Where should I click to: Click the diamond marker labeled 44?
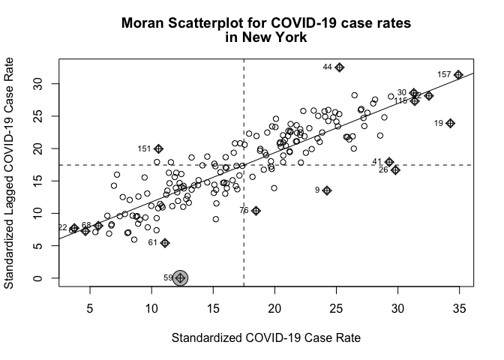[x=340, y=67]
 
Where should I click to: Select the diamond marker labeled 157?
[x=458, y=75]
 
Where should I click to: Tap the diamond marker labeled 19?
[x=450, y=123]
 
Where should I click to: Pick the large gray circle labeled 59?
[x=180, y=278]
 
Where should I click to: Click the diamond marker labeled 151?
[x=158, y=148]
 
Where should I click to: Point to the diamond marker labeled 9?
[x=327, y=190]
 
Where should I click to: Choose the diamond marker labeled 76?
[x=256, y=211]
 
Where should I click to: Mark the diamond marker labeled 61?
[x=165, y=243]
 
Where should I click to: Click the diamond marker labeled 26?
[x=395, y=170]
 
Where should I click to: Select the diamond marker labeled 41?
[x=389, y=162]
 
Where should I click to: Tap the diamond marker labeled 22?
[x=74, y=228]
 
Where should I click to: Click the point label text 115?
[x=400, y=101]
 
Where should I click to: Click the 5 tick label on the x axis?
[x=90, y=307]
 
